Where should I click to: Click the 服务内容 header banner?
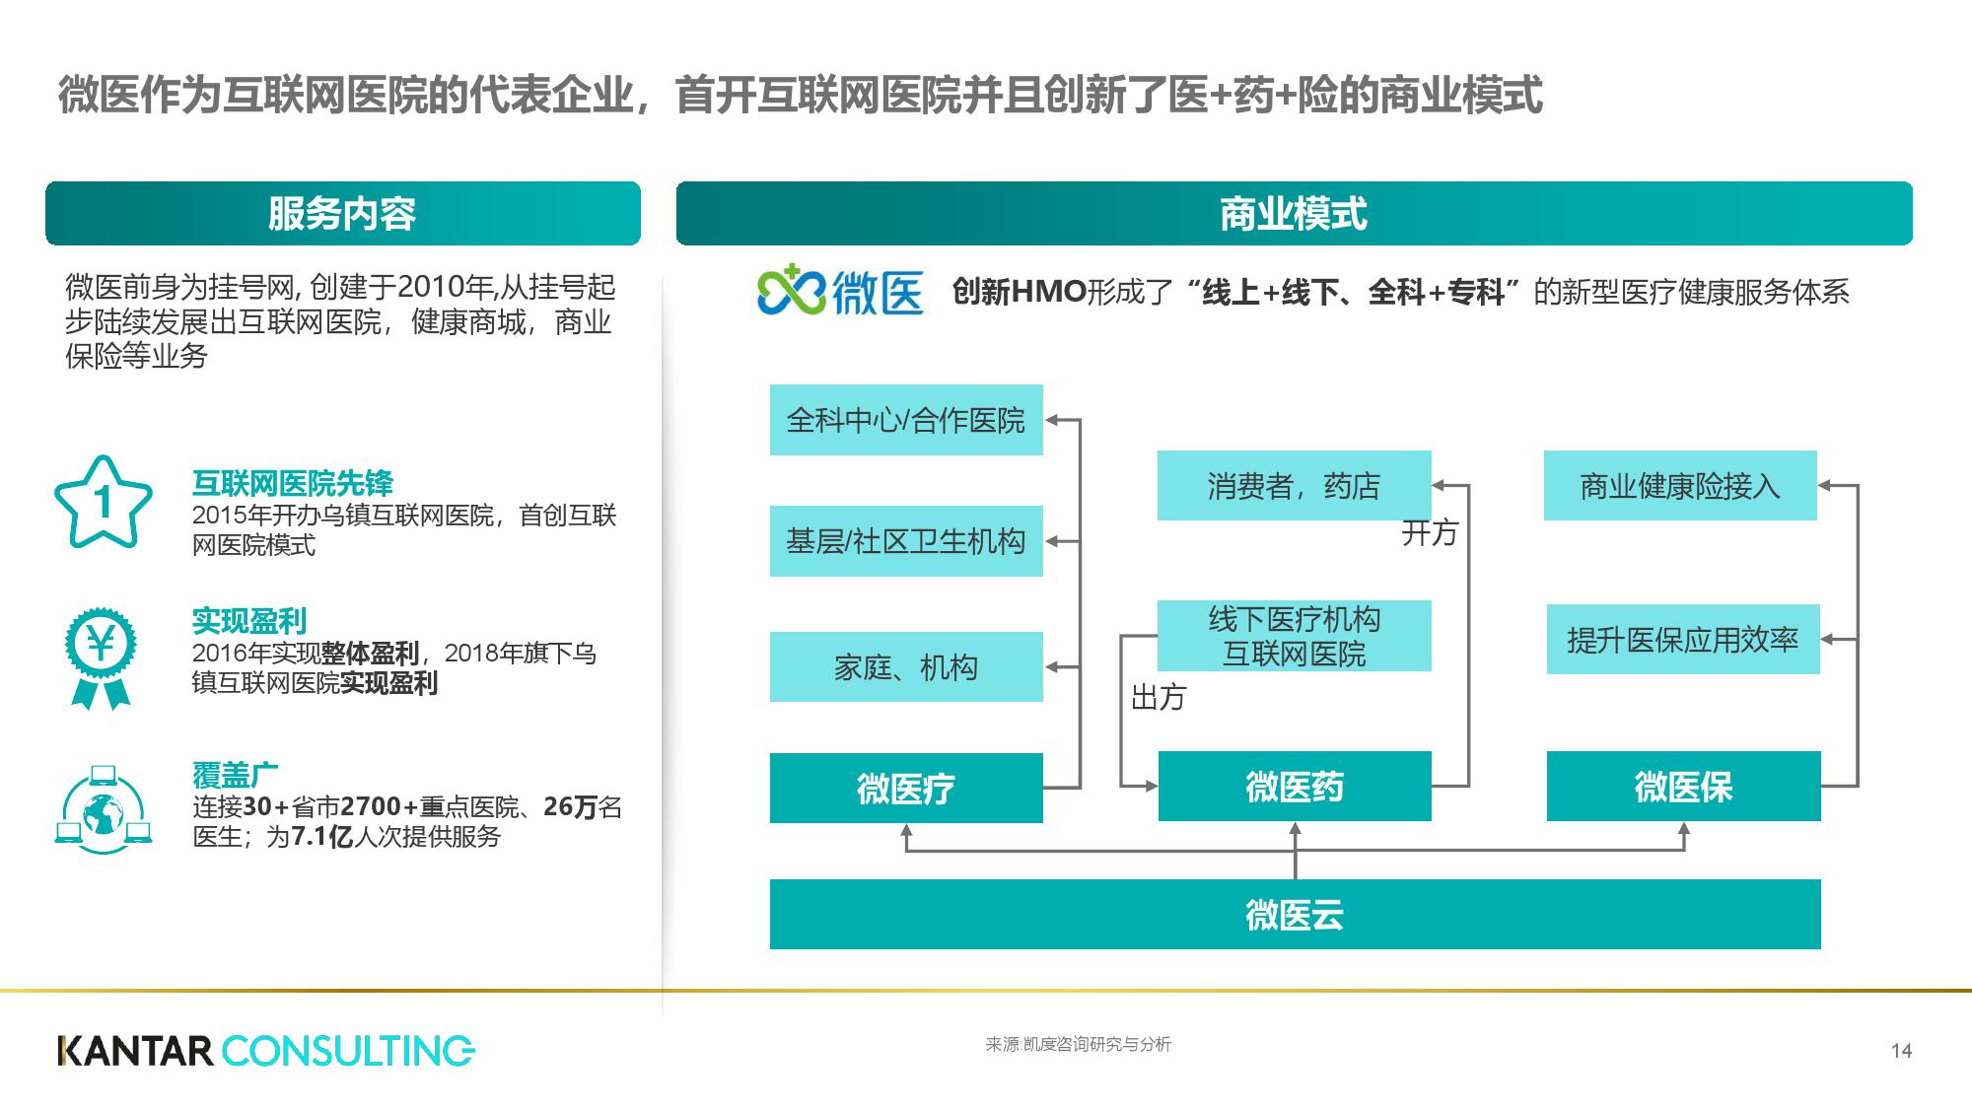coord(342,214)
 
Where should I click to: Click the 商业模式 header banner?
coord(1294,214)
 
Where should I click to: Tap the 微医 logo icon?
coord(791,290)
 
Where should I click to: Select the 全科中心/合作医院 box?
coord(905,420)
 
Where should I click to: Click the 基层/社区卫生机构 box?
coord(905,541)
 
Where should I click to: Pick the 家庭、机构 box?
coord(905,667)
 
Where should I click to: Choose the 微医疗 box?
coord(905,788)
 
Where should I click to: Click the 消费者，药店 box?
coord(1293,485)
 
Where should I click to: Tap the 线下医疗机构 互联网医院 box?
coord(1293,636)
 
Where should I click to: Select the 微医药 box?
coord(1294,787)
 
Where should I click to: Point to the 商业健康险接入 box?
coord(1679,485)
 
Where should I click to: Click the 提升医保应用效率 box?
coord(1682,639)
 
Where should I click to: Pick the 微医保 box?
coord(1682,787)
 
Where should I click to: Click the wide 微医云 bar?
coord(1294,915)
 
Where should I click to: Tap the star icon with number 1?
coord(103,503)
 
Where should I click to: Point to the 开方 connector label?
coord(1429,533)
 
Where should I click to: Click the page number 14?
coord(1901,1051)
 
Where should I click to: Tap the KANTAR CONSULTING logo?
coord(266,1051)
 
